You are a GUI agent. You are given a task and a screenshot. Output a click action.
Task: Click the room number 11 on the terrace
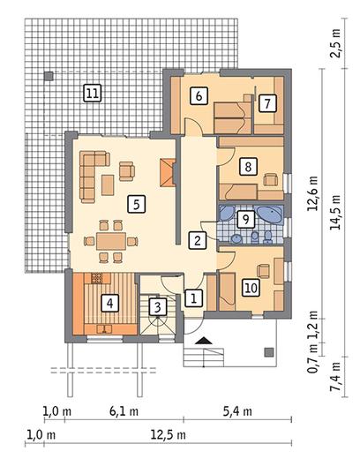(x=93, y=94)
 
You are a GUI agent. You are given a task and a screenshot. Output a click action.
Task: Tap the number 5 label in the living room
(x=137, y=204)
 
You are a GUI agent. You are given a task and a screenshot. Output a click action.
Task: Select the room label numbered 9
(x=245, y=219)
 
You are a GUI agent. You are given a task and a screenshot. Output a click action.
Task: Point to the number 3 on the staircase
(x=158, y=307)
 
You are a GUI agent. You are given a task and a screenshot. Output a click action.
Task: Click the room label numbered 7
(x=267, y=103)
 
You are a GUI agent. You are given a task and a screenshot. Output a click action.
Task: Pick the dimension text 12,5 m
(x=169, y=434)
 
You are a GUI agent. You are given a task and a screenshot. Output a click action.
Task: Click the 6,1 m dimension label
(x=124, y=411)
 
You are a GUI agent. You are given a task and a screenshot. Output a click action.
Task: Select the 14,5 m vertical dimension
(x=335, y=212)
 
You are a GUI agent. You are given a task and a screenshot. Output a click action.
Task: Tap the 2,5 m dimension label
(x=335, y=43)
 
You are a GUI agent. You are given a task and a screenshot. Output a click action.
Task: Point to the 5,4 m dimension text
(x=237, y=411)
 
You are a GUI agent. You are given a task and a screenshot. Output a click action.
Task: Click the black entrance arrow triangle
(x=203, y=341)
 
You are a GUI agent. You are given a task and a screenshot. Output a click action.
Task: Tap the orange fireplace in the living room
(x=168, y=172)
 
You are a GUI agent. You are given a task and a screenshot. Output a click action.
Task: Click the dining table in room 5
(x=111, y=241)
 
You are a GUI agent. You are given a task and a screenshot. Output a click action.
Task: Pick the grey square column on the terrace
(x=49, y=76)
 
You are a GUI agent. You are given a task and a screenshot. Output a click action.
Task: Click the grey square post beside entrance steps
(x=269, y=352)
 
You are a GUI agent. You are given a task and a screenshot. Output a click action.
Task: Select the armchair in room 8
(x=271, y=179)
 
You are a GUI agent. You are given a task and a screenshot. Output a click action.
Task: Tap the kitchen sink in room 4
(x=104, y=328)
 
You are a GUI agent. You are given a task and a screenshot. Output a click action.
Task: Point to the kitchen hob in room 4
(x=97, y=278)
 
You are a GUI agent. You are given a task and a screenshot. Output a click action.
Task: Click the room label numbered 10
(x=251, y=288)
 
